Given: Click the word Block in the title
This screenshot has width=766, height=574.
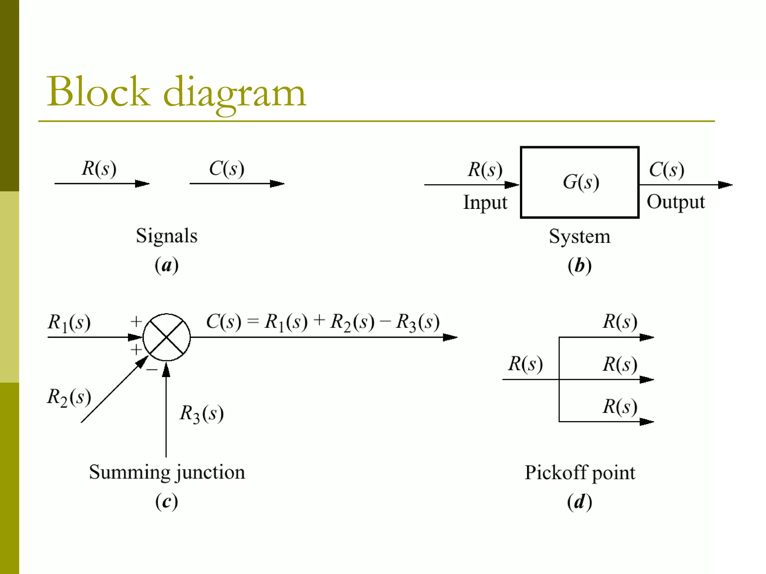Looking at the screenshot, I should [x=98, y=92].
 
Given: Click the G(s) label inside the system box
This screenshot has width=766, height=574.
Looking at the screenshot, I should [x=581, y=182].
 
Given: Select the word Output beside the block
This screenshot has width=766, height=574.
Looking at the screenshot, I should [x=675, y=203].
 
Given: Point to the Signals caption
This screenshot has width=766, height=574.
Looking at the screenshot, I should [x=166, y=236].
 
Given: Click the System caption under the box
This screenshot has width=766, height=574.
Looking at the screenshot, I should [x=579, y=237].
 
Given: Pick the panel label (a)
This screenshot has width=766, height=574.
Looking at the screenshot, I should [x=166, y=265].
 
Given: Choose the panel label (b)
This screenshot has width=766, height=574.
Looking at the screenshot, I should [x=579, y=266].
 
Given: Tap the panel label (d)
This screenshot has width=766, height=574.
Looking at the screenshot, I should [x=579, y=502].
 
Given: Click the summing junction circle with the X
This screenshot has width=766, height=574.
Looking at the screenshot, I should [x=167, y=337].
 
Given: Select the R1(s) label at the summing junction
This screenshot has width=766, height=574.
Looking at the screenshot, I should [x=69, y=323].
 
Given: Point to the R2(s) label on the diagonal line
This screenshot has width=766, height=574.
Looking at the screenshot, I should [x=69, y=397].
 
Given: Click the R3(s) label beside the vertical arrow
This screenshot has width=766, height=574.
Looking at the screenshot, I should [x=202, y=414].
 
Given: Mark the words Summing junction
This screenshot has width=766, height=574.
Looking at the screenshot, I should [x=167, y=473].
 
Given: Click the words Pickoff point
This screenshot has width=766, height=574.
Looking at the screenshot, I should [x=580, y=473].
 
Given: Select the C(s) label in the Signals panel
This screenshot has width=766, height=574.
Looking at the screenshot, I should [x=227, y=169].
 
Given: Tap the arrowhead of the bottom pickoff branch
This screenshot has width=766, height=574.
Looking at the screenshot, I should [x=646, y=422].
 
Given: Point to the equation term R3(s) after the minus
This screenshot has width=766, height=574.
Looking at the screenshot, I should [x=418, y=322].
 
